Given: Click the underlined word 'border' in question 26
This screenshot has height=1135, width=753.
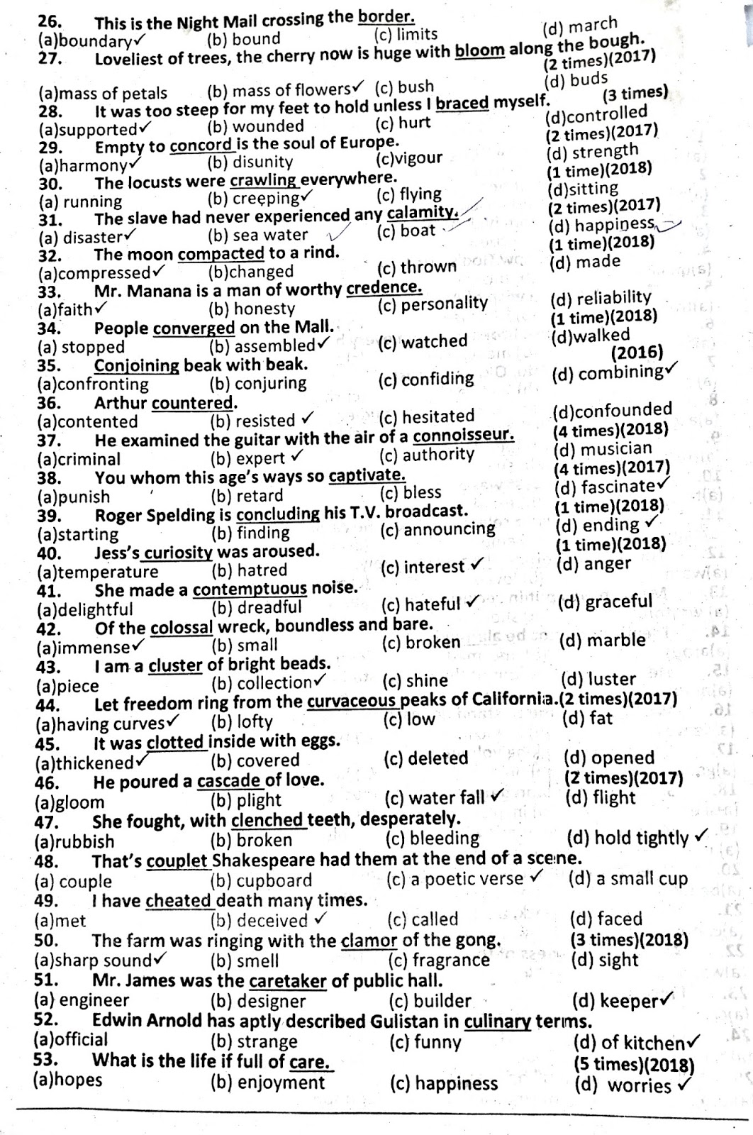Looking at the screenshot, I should [386, 16].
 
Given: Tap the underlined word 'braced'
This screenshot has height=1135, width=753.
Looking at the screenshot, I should [462, 104].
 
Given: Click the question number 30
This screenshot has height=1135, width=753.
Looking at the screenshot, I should [50, 183].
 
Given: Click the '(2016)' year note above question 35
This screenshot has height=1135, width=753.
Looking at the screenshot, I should [637, 353].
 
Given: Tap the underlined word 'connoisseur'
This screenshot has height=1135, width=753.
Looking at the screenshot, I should [463, 435].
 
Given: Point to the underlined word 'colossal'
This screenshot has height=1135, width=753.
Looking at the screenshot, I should [182, 628].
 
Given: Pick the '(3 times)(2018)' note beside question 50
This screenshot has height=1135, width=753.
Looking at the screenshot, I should [629, 940].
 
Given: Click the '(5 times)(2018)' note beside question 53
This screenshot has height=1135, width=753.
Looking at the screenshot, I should [634, 1065].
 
